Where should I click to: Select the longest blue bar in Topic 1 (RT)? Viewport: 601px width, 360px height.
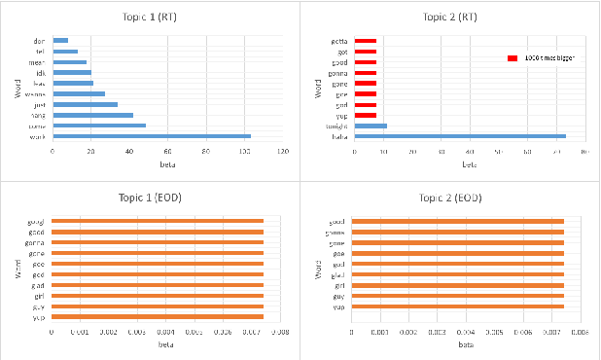pyautogui.click(x=152, y=136)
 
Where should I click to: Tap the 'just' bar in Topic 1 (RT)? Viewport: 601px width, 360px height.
pyautogui.click(x=85, y=104)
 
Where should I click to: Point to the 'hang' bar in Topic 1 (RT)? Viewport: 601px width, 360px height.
pyautogui.click(x=92, y=115)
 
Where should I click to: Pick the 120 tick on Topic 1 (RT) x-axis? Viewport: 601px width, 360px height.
pyautogui.click(x=283, y=153)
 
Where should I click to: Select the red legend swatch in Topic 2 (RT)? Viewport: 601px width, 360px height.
pyautogui.click(x=513, y=59)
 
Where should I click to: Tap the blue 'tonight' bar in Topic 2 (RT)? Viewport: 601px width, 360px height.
pyautogui.click(x=371, y=126)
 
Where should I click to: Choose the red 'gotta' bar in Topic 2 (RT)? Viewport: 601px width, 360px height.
pyautogui.click(x=366, y=41)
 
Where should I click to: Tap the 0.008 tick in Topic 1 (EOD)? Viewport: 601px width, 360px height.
pyautogui.click(x=279, y=332)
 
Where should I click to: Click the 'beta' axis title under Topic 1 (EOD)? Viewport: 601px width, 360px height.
pyautogui.click(x=165, y=344)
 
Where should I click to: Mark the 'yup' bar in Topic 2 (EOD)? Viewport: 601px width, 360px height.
pyautogui.click(x=458, y=306)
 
